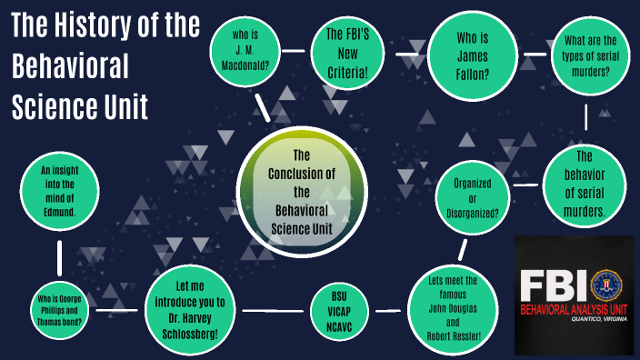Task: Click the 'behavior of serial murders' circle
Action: tap(586, 183)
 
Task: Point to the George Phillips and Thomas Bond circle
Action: tap(57, 310)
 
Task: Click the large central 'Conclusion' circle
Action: tap(302, 192)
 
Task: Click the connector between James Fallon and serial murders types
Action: tap(525, 53)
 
